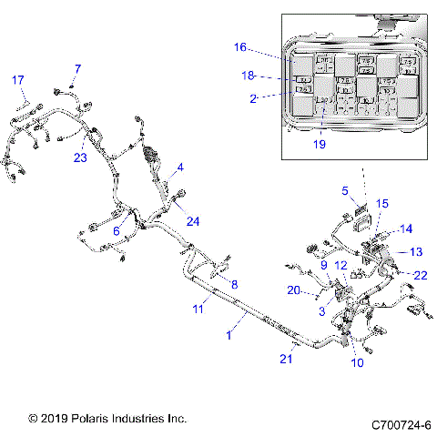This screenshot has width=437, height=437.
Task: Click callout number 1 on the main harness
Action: coord(229,336)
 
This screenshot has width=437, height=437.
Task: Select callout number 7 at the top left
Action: coord(77,69)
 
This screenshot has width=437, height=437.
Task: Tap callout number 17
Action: coord(17,80)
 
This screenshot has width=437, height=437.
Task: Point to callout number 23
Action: coord(80,157)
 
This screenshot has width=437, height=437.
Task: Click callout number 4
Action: coord(180,168)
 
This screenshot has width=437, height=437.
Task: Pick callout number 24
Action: coord(192,219)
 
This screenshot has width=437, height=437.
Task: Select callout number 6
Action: coord(116,232)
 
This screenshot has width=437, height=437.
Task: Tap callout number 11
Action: coord(197,310)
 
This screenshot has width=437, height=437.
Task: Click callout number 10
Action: coord(356,362)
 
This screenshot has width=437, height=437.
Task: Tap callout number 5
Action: coord(345,190)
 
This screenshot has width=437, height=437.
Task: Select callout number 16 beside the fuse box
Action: coord(240,46)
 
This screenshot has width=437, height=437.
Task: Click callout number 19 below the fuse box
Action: coord(319,143)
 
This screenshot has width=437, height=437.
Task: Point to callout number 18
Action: coord(248,76)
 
